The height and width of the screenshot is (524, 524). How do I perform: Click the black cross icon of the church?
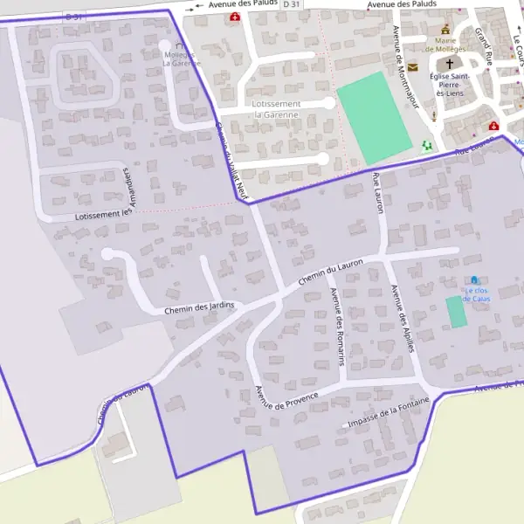pyautogui.click(x=451, y=64)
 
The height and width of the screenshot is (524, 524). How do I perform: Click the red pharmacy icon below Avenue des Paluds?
pyautogui.click(x=234, y=17)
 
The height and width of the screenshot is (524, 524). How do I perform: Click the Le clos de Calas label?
pyautogui.click(x=476, y=294)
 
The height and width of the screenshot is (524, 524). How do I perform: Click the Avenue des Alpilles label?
pyautogui.click(x=401, y=318)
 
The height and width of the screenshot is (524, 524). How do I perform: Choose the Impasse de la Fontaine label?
pyautogui.click(x=389, y=413)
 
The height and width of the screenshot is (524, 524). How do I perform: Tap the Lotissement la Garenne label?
pyautogui.click(x=276, y=109)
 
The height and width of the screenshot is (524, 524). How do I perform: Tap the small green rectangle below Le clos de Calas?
pyautogui.click(x=456, y=313)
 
